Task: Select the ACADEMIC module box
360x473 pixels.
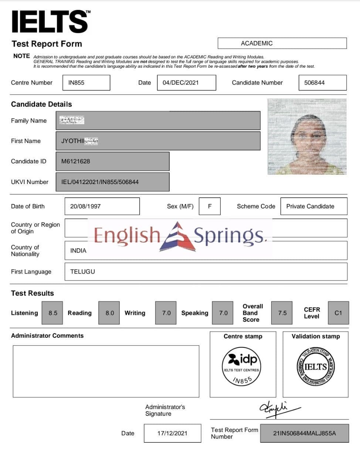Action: point(282,43)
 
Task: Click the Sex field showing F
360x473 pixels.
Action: point(210,206)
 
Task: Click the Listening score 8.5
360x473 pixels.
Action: point(52,313)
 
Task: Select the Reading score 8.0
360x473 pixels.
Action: point(109,313)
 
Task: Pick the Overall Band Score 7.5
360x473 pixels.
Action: point(282,313)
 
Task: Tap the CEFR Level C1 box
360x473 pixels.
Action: point(338,313)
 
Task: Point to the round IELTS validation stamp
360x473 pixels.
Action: point(315,367)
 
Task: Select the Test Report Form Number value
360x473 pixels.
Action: point(304,433)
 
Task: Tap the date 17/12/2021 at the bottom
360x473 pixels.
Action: point(172,433)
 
